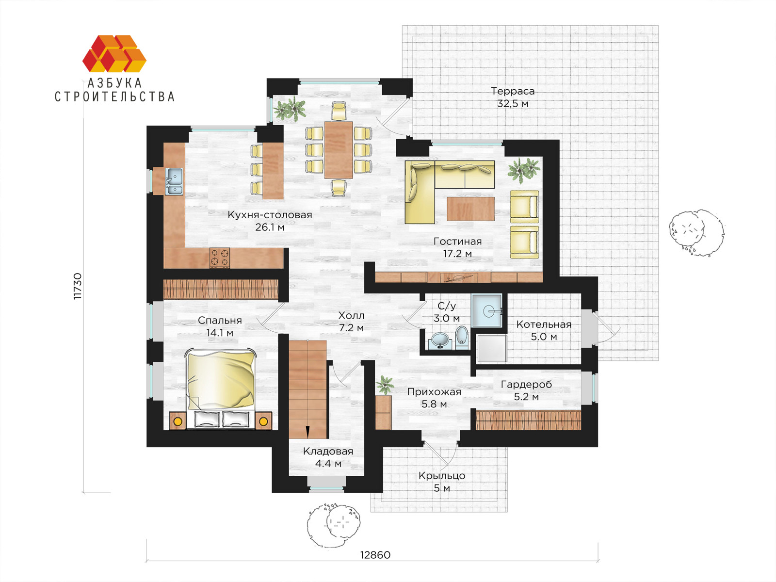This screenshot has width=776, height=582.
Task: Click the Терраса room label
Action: pos(513,91)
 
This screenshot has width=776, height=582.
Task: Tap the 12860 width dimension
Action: pos(375,555)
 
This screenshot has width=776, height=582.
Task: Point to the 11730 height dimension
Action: pos(78,286)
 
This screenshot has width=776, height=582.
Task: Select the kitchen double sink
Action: pos(174,181)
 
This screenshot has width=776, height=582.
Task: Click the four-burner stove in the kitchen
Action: pos(220,257)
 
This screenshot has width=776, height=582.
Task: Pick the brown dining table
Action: pos(339,150)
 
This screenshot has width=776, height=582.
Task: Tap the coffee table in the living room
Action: pos(470,209)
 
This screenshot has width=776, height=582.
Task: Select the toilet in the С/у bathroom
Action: pos(462,337)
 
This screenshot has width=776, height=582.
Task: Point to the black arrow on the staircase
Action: pos(307,432)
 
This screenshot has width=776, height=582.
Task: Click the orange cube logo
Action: pos(114,53)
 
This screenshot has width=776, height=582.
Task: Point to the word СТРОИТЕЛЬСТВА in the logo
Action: pos(114,97)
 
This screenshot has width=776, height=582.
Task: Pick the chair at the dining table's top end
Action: pos(339,111)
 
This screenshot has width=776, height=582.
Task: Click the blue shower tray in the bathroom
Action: pos(487,310)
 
